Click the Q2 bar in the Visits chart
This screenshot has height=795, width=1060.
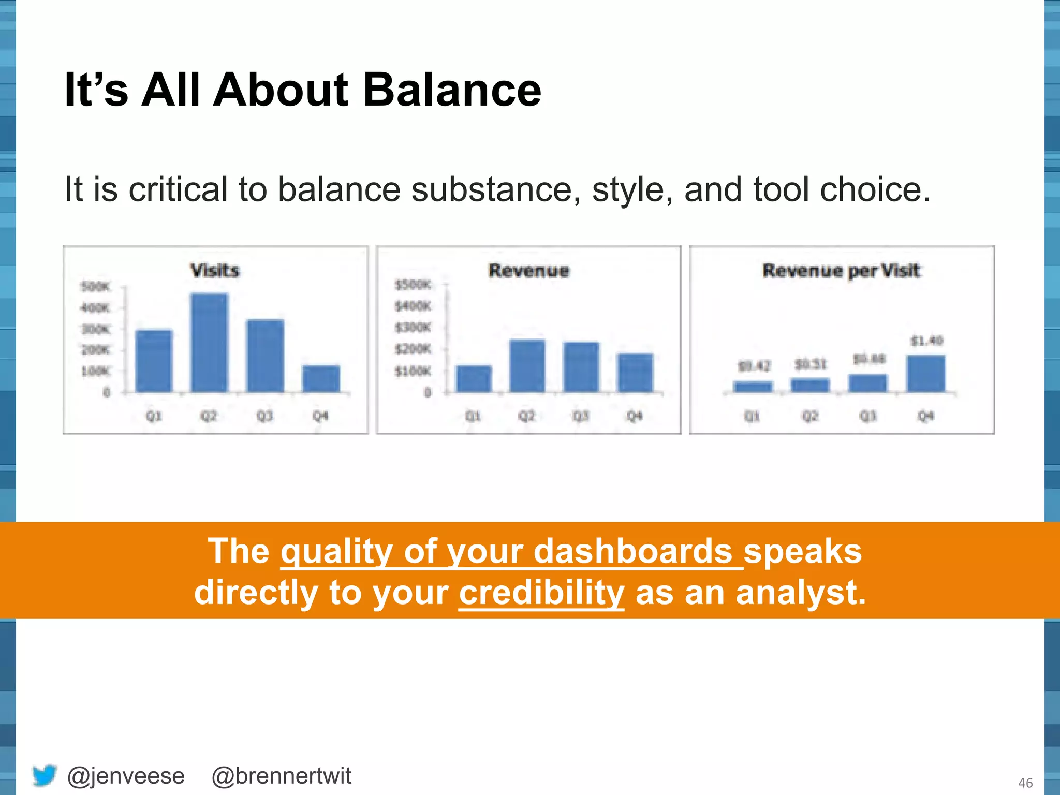click(209, 343)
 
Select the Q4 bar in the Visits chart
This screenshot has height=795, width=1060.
click(321, 379)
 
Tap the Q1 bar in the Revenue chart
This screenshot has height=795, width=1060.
click(474, 379)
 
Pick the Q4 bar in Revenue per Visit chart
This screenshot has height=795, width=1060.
click(926, 374)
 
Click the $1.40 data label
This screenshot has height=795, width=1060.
click(927, 341)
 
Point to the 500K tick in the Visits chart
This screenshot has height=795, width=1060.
click(96, 287)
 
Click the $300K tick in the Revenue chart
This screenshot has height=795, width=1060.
click(413, 328)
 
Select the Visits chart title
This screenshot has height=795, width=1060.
click(215, 271)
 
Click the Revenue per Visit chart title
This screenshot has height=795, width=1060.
click(841, 271)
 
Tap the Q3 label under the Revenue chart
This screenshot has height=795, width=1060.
click(581, 416)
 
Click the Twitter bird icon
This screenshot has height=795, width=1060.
click(45, 775)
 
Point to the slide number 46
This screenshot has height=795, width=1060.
click(1025, 783)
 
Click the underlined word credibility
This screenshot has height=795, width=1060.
click(541, 593)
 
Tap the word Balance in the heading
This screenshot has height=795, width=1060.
click(452, 90)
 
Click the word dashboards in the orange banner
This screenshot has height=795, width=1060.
click(632, 551)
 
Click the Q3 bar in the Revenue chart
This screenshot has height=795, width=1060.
click(581, 367)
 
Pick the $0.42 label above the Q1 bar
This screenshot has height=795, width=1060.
click(754, 366)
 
